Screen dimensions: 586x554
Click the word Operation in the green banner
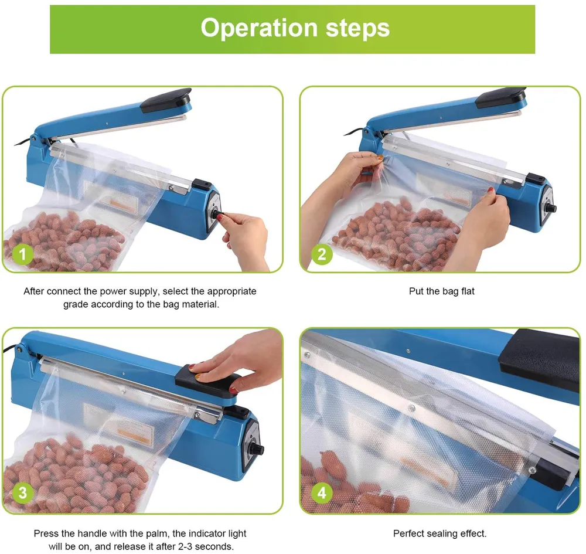[x=260, y=28]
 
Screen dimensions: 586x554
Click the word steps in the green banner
[x=357, y=28]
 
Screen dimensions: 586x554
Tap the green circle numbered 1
[x=22, y=254]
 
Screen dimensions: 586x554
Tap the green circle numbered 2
[x=322, y=254]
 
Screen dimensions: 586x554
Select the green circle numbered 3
[x=22, y=492]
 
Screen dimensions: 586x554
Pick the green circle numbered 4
[x=322, y=492]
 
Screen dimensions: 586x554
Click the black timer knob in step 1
[x=217, y=214]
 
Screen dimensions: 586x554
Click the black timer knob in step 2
[x=552, y=208]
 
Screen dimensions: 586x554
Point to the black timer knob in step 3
[x=258, y=450]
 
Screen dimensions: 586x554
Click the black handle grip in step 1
[x=166, y=100]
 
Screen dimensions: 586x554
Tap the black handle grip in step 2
[x=501, y=97]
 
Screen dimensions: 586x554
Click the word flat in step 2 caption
[x=468, y=291]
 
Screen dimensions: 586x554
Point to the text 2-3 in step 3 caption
[x=188, y=546]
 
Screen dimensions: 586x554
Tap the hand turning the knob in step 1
[x=245, y=239]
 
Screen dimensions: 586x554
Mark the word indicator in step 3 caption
[x=206, y=533]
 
